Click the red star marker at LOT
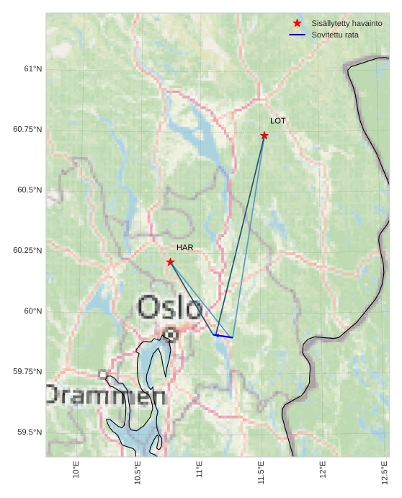(264, 135)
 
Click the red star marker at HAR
(170, 262)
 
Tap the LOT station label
(278, 121)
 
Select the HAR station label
(185, 248)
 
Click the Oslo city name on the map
(169, 308)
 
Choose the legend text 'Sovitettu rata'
(335, 35)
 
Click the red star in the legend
(297, 23)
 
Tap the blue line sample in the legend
(297, 35)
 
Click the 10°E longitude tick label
(76, 471)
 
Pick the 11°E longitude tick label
(200, 471)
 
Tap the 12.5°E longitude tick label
(385, 473)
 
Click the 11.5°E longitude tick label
(262, 473)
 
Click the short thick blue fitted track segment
(224, 336)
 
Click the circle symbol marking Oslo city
(170, 334)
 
